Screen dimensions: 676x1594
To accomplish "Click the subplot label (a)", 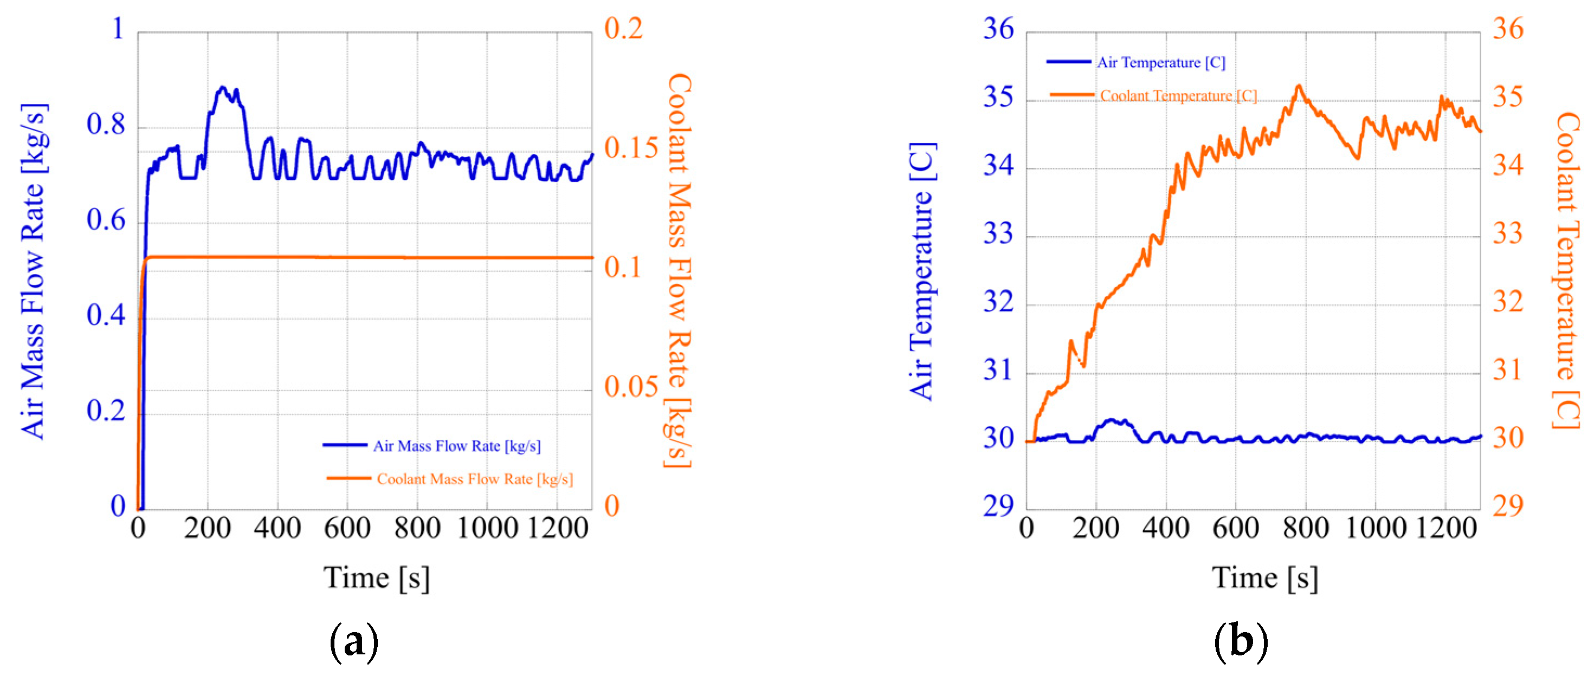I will pyautogui.click(x=353, y=642).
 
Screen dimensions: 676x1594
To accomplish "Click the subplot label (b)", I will pyautogui.click(x=1241, y=642).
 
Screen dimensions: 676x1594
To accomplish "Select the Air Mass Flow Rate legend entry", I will pyautogui.click(x=456, y=446).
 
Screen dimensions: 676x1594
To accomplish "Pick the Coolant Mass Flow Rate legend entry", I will pyautogui.click(x=474, y=479).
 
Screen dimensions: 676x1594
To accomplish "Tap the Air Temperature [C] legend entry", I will pyautogui.click(x=1160, y=62).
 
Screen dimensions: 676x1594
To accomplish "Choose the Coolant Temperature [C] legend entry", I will pyautogui.click(x=1178, y=96).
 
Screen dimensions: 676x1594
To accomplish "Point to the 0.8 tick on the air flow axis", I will pyautogui.click(x=106, y=125).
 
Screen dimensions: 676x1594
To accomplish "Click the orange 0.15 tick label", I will pyautogui.click(x=630, y=148).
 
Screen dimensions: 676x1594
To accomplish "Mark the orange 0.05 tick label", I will pyautogui.click(x=630, y=387).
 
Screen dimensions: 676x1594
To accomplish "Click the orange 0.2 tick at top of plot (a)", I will pyautogui.click(x=623, y=29).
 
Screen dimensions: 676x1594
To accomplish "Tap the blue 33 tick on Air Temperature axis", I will pyautogui.click(x=998, y=234).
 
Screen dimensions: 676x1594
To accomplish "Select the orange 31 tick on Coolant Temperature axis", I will pyautogui.click(x=1508, y=370).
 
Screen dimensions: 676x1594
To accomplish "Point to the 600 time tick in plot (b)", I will pyautogui.click(x=1236, y=529).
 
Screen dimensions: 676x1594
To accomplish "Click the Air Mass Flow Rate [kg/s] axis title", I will pyautogui.click(x=34, y=271).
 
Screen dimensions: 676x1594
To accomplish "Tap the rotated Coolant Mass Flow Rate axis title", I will pyautogui.click(x=679, y=271).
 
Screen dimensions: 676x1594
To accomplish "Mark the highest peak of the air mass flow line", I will pyautogui.click(x=222, y=87).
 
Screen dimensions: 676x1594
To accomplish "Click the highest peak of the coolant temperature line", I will pyautogui.click(x=1299, y=86).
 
